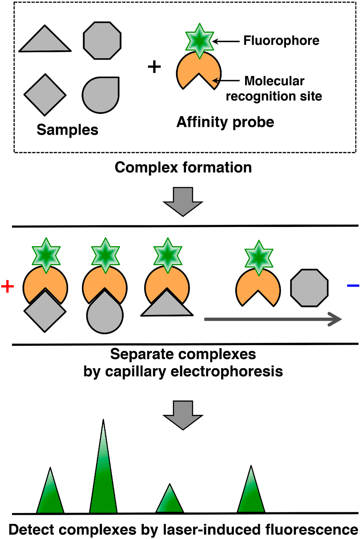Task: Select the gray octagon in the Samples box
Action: pyautogui.click(x=102, y=41)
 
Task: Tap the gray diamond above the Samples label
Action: pyautogui.click(x=45, y=95)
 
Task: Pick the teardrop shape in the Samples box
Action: pyautogui.click(x=101, y=95)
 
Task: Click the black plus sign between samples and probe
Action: pyautogui.click(x=154, y=66)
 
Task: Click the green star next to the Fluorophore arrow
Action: pyautogui.click(x=200, y=41)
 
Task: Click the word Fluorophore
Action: pyautogui.click(x=281, y=40)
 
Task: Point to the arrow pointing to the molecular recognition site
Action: pyautogui.click(x=227, y=80)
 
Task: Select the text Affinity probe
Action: pyautogui.click(x=225, y=122)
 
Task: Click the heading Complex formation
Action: pyautogui.click(x=183, y=167)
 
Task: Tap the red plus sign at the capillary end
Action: pyautogui.click(x=7, y=286)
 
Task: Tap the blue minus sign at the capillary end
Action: pyautogui.click(x=353, y=286)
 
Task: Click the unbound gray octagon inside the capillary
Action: pyautogui.click(x=309, y=288)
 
